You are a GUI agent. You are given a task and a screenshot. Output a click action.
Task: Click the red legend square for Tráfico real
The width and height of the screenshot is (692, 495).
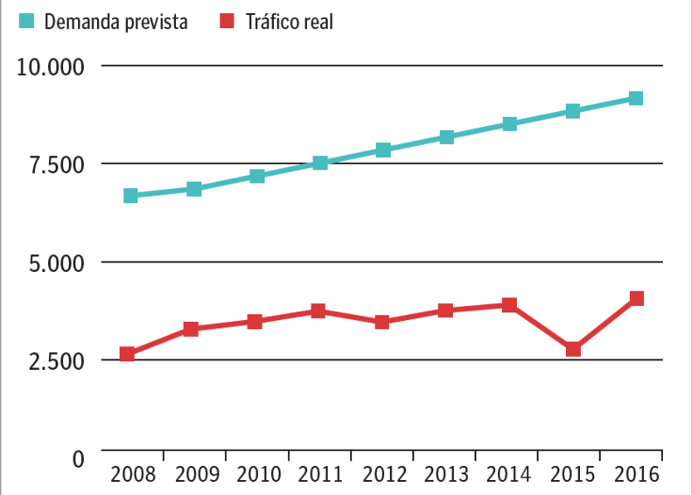228,21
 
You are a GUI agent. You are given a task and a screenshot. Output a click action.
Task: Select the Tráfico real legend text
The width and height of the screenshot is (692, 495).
289,22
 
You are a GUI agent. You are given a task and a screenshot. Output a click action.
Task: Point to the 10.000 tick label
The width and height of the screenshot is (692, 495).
50,67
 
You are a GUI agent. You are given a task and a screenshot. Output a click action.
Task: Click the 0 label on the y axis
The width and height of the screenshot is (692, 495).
77,458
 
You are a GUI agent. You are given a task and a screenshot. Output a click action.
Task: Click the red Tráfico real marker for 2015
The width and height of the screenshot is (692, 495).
573,349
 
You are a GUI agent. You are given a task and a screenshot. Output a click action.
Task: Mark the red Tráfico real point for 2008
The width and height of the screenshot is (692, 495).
128,354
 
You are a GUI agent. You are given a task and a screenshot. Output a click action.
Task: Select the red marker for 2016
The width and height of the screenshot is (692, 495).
636,298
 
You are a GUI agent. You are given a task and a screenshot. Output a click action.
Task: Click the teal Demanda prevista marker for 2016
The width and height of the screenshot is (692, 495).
636,98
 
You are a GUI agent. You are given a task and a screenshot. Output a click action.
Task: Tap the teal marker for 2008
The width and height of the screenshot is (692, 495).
131,196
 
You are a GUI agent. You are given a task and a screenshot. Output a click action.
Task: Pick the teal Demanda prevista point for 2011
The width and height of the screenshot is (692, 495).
320,163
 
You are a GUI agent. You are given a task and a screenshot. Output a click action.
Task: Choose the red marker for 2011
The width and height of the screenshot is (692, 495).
318,310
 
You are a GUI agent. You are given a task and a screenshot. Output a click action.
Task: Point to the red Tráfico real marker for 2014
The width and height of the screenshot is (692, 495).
509,304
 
